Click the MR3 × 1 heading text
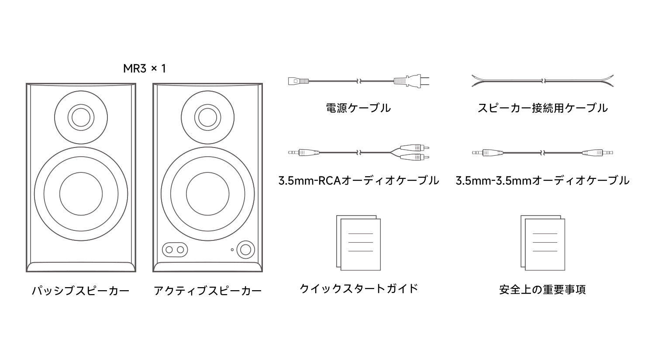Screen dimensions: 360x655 (145, 69)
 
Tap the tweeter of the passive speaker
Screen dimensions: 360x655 (81, 117)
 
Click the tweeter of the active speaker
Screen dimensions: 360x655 (207, 117)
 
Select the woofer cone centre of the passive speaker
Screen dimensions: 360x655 (81, 194)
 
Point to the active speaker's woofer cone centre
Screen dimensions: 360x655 (207, 194)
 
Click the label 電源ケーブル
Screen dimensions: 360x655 (358, 108)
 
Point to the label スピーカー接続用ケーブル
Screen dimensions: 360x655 (542, 108)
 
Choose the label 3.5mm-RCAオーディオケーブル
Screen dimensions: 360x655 (359, 180)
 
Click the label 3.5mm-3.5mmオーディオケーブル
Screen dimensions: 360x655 (542, 180)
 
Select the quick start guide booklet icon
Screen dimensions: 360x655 (359, 243)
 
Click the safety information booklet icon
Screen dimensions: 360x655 (543, 243)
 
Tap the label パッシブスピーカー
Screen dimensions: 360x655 (81, 291)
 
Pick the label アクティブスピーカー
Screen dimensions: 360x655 (207, 291)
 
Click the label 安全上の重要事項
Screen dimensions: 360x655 (542, 289)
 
